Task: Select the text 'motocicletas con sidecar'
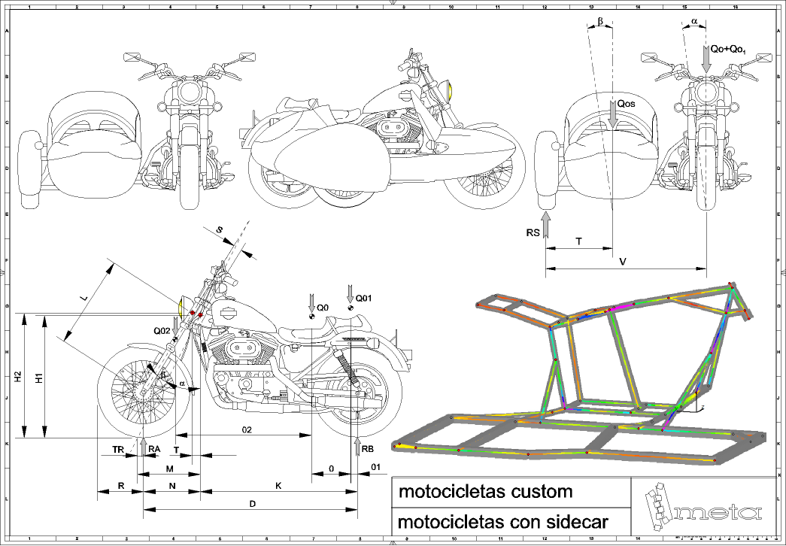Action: [502, 521]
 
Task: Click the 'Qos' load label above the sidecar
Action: [627, 105]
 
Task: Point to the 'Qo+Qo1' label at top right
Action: [727, 50]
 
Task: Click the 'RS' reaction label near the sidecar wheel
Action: [533, 234]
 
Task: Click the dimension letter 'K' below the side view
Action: [278, 487]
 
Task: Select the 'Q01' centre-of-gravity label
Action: [363, 297]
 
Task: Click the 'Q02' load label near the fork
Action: [162, 330]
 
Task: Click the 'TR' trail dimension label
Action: [117, 449]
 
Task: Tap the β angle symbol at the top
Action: [599, 21]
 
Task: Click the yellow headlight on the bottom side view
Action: [181, 307]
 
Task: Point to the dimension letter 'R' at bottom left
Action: [121, 487]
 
